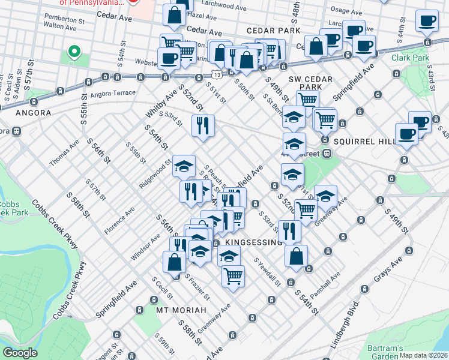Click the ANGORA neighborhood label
click(29, 112)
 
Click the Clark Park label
click(410, 58)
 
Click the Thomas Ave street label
click(64, 153)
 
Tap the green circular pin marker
click(75, 52)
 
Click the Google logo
click(20, 353)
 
